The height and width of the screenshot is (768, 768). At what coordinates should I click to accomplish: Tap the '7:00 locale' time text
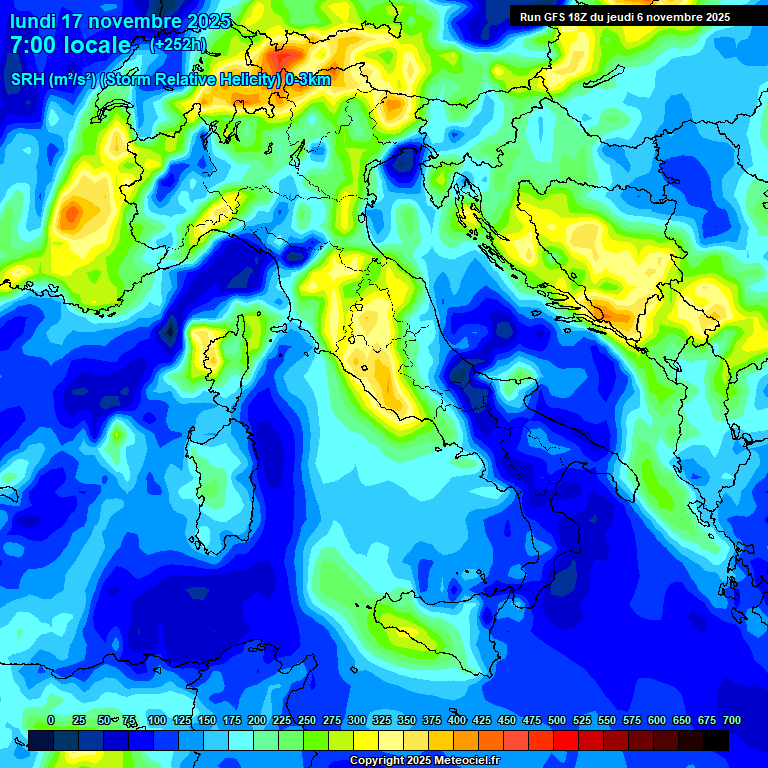[70, 45]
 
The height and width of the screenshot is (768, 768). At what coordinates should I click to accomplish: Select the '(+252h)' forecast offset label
[178, 45]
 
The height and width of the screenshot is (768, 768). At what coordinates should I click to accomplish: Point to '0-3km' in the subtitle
[308, 80]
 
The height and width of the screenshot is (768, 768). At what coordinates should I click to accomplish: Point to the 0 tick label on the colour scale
[50, 720]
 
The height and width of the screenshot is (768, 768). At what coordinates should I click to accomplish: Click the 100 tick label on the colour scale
[156, 720]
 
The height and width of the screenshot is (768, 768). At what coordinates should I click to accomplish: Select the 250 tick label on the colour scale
[306, 720]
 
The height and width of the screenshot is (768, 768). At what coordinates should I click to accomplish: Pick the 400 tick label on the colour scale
[456, 720]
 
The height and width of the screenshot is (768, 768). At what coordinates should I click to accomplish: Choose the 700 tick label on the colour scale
[731, 720]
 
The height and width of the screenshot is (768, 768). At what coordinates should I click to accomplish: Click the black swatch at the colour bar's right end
[716, 741]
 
